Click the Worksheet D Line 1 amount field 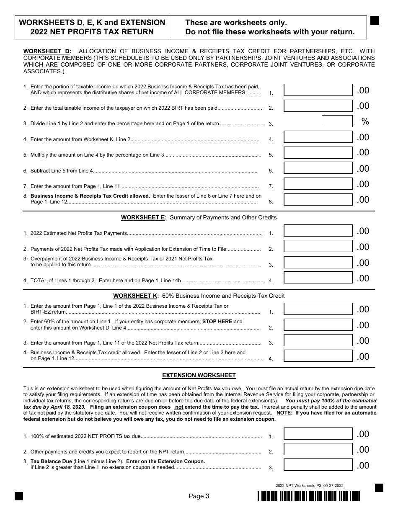tap(318, 90)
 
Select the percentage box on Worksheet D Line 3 tap(337, 121)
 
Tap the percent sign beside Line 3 tap(365, 121)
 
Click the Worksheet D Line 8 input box tap(318, 199)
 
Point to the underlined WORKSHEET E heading tap(143, 217)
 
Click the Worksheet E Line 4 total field tap(318, 278)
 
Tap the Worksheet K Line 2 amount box tap(318, 325)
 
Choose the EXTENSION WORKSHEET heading tap(199, 375)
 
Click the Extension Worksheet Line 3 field tap(318, 465)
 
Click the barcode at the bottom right tap(309, 496)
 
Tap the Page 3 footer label tap(199, 496)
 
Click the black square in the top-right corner tap(375, 21)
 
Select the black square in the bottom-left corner tap(19, 496)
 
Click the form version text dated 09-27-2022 tap(310, 485)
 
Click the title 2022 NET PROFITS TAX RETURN tap(92, 32)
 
